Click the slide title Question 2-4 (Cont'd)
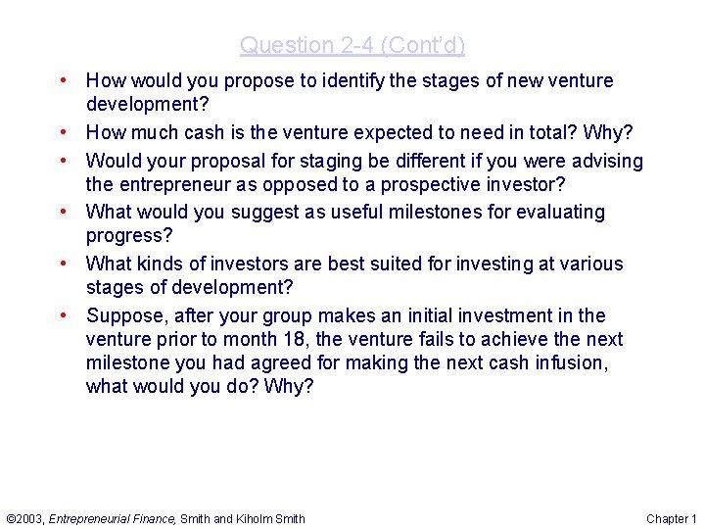coord(352,45)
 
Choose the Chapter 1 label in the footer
coord(672,518)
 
